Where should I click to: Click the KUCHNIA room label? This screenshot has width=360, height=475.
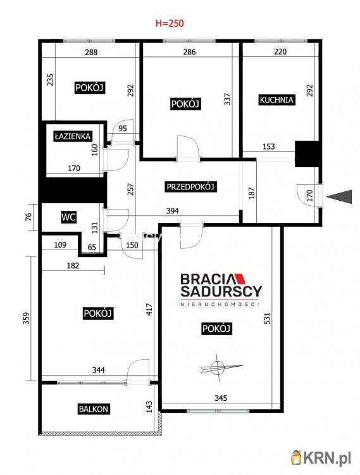276,100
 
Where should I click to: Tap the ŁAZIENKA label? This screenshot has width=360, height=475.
73,136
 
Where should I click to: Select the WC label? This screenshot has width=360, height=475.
69,217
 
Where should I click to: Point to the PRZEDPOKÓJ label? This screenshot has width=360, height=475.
190,187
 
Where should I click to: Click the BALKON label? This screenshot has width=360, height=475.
94,409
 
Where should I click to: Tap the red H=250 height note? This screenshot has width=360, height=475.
170,23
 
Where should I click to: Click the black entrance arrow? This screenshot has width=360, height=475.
339,196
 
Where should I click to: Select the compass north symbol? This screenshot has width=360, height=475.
220,367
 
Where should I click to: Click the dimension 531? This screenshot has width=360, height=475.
267,319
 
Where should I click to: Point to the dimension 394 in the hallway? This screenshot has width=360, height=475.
173,210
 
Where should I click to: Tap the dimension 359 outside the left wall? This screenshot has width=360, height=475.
27,318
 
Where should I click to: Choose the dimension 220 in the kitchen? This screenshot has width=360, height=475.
280,51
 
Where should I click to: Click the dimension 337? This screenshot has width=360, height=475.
228,99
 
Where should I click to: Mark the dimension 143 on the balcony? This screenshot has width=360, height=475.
149,407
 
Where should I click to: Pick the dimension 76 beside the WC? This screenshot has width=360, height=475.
28,217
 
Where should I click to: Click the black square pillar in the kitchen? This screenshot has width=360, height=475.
307,154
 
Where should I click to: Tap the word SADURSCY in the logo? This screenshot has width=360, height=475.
221,291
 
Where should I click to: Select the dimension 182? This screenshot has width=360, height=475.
73,265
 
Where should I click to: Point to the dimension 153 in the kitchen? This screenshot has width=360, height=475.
269,147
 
